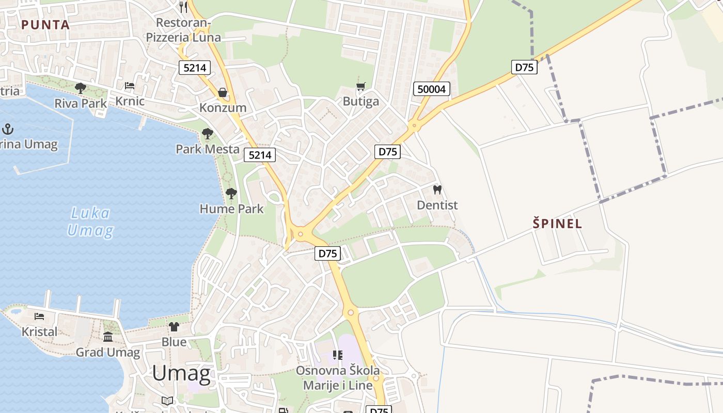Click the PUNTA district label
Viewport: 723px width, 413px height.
click(45, 24)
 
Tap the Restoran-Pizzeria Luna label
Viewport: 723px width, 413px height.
click(183, 30)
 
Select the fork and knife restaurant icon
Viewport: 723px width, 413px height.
click(183, 7)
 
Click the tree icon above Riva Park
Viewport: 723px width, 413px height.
click(81, 88)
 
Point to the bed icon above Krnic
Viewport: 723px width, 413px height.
click(130, 86)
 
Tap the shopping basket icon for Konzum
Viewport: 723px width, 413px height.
click(223, 92)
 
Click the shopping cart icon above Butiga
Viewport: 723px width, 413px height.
click(361, 86)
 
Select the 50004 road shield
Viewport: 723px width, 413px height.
click(432, 89)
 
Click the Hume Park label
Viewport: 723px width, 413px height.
click(231, 209)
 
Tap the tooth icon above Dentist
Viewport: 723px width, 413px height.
click(437, 190)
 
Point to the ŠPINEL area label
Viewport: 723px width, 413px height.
click(557, 224)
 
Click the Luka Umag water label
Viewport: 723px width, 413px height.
click(90, 221)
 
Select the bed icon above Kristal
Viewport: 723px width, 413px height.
click(39, 316)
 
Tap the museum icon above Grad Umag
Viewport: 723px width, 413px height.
click(108, 337)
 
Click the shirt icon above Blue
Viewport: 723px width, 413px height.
click(174, 327)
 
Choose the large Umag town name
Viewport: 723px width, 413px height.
click(181, 373)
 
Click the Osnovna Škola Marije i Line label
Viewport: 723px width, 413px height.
click(337, 378)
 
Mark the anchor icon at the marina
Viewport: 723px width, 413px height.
click(8, 128)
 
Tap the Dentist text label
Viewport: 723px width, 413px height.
click(437, 205)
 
